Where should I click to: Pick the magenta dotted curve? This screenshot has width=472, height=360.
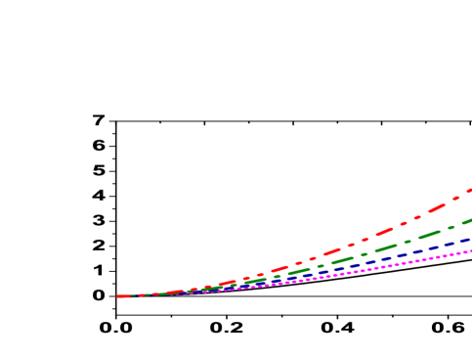click(x=391, y=267)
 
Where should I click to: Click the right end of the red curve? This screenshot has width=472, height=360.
click(x=469, y=190)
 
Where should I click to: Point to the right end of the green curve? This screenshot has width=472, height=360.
click(x=469, y=220)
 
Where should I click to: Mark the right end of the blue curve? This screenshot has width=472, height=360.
click(x=469, y=239)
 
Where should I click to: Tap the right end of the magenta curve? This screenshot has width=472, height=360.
click(x=469, y=250)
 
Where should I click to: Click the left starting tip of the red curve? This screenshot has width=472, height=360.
click(x=118, y=295)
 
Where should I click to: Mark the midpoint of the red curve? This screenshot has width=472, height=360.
click(x=293, y=264)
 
